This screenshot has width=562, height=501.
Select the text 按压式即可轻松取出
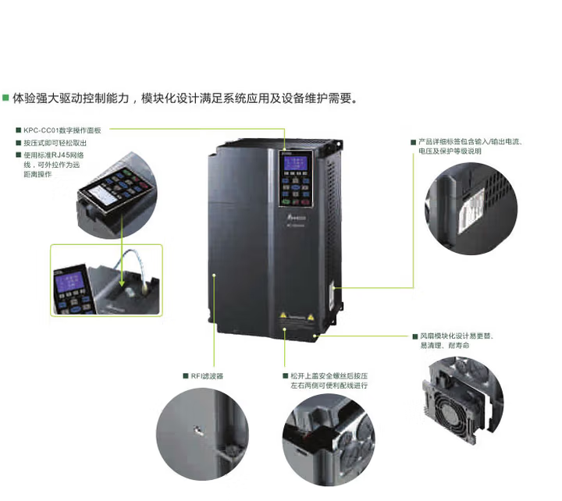pos(55,143)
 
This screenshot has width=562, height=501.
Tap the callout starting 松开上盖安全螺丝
pos(329,380)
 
